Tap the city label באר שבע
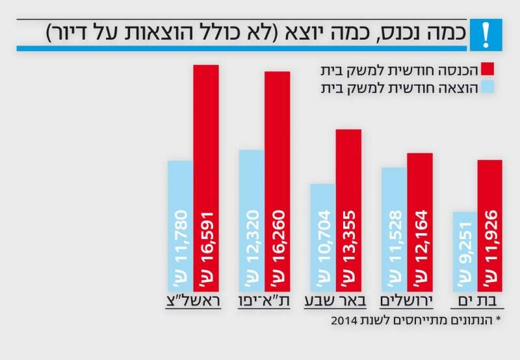pyautogui.click(x=334, y=302)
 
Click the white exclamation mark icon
pyautogui.click(x=484, y=33)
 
